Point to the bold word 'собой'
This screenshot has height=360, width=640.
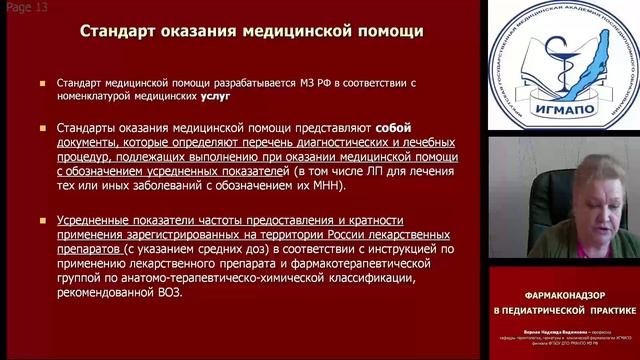click(x=395, y=128)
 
